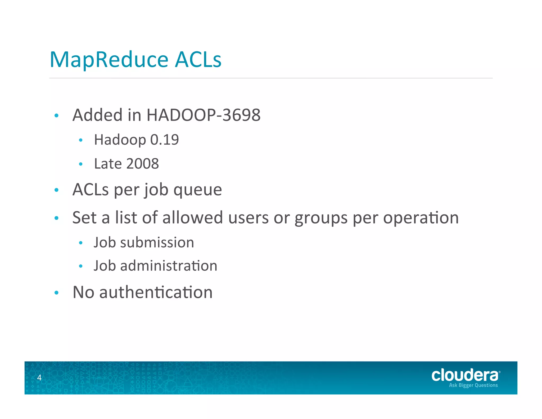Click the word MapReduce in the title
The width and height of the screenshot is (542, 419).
109,60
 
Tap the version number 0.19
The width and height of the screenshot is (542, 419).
164,140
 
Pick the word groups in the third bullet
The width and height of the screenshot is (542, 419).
321,218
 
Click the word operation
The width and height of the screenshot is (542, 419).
421,218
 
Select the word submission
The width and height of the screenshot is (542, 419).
157,243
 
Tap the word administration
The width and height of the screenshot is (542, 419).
169,266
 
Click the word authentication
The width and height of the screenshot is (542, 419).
156,292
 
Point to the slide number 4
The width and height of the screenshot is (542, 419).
39,377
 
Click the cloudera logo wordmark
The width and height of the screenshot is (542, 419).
465,375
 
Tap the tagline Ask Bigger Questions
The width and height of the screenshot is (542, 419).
473,385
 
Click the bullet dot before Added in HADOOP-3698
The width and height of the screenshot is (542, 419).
56,115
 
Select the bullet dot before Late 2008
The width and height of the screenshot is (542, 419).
81,164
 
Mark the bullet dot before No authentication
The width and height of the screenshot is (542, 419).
56,293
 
